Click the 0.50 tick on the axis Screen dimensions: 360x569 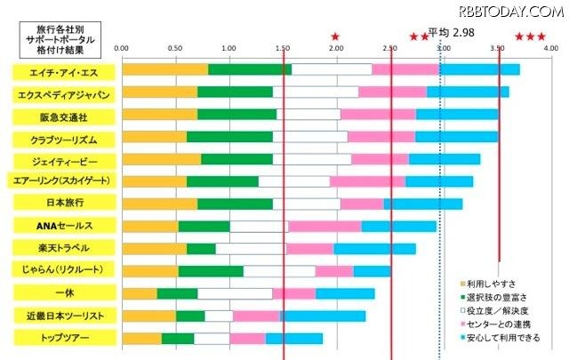point(175,48)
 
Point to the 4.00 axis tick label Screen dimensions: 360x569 point(550,48)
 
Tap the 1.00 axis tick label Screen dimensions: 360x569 point(228,48)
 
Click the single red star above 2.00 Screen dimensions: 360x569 point(335,36)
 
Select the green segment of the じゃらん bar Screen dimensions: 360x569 point(210,270)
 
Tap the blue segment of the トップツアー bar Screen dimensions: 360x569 point(294,338)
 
